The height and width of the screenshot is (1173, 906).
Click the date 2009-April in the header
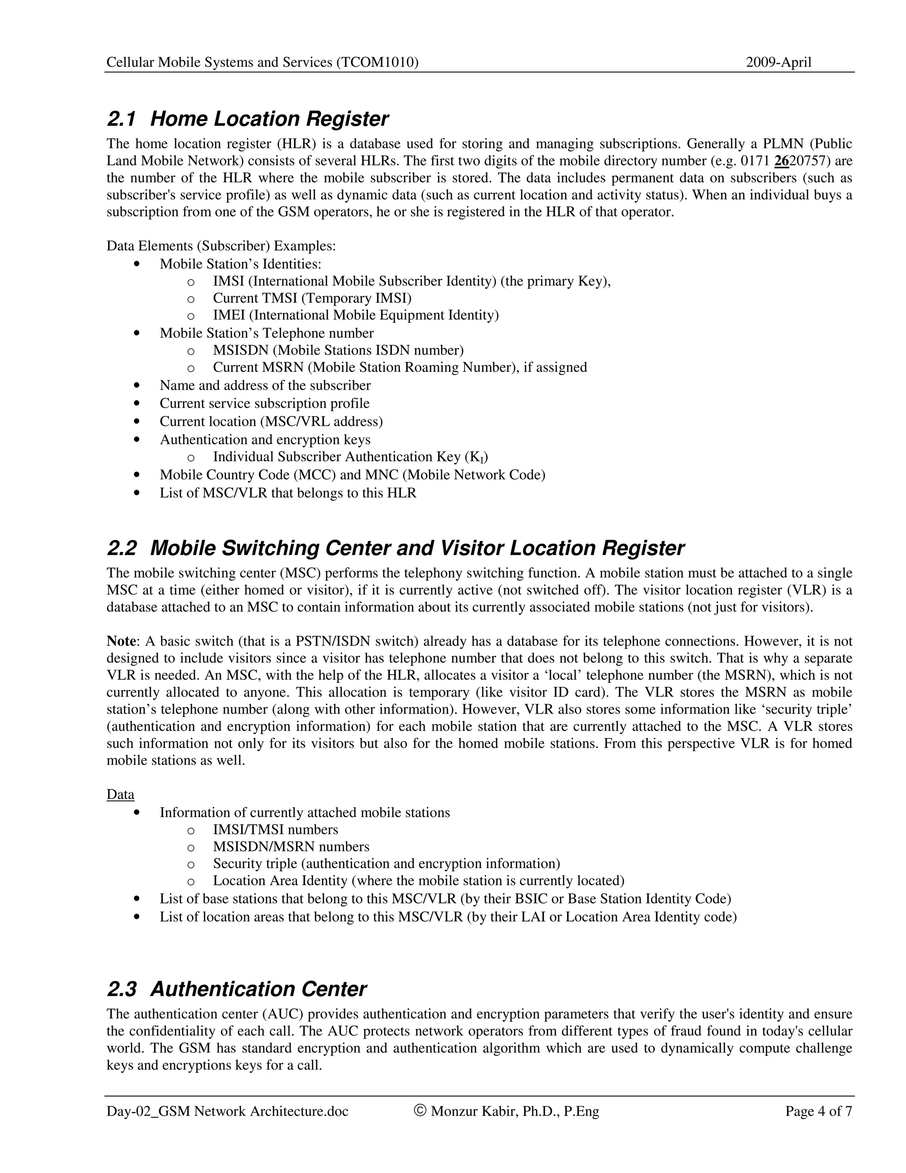pyautogui.click(x=778, y=62)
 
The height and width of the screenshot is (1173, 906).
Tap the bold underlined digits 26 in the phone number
pyautogui.click(x=782, y=161)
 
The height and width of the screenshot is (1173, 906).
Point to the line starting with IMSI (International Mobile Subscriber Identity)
pyautogui.click(x=412, y=281)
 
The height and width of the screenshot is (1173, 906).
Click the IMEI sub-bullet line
pyautogui.click(x=355, y=315)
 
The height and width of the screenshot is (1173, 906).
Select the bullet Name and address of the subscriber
pyautogui.click(x=265, y=386)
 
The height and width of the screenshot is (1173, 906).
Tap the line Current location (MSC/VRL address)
pyautogui.click(x=271, y=421)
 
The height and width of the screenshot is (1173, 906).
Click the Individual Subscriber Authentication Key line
pyautogui.click(x=350, y=457)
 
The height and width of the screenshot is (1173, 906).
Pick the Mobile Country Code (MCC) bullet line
pyautogui.click(x=352, y=475)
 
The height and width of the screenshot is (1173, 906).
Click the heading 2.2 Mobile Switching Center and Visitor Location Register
pyautogui.click(x=395, y=548)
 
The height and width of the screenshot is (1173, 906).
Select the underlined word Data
pyautogui.click(x=120, y=795)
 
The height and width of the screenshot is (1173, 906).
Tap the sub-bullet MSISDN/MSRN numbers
pyautogui.click(x=291, y=847)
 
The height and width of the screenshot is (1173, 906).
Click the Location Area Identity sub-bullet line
pyautogui.click(x=418, y=881)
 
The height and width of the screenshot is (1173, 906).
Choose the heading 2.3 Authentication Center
pyautogui.click(x=237, y=989)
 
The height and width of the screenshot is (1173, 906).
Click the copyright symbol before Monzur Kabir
pyautogui.click(x=420, y=1111)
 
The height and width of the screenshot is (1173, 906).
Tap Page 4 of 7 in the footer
pyautogui.click(x=818, y=1111)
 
